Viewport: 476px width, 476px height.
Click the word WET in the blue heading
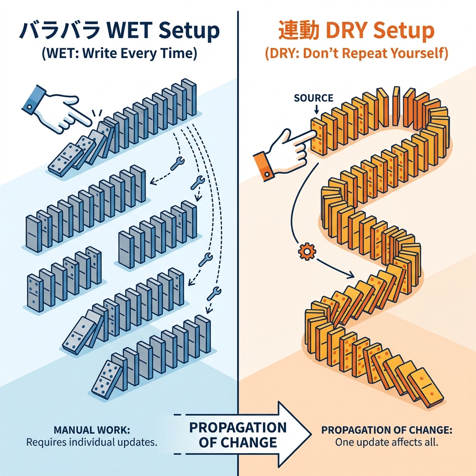[130, 31]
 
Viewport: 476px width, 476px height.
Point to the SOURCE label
[314, 98]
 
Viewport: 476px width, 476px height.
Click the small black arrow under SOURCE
[316, 110]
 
